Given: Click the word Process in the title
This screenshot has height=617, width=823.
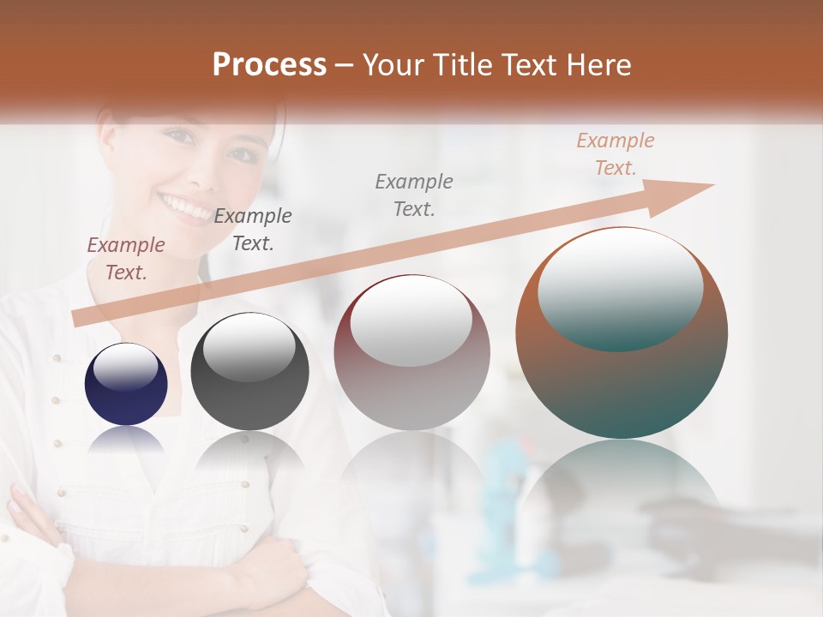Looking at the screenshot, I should (269, 65).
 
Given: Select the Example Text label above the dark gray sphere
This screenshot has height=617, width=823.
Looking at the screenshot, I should (253, 229).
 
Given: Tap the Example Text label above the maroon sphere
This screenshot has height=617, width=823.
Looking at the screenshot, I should (414, 195).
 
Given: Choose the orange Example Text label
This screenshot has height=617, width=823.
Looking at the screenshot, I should (616, 154).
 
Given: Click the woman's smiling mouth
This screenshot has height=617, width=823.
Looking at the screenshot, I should (183, 206).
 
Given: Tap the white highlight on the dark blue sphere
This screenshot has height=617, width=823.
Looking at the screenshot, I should (125, 368).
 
